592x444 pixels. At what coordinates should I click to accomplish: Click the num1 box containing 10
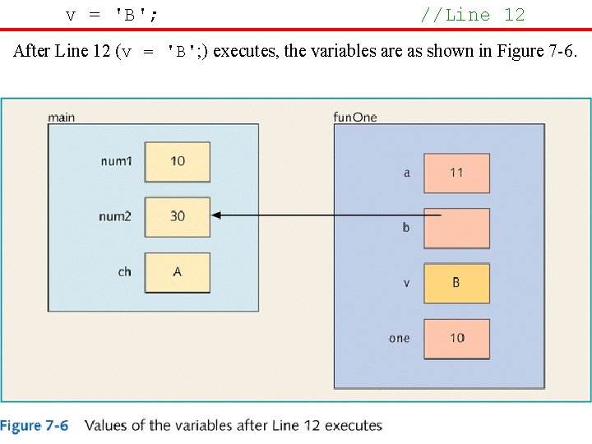click(178, 161)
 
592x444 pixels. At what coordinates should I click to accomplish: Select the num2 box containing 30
click(178, 216)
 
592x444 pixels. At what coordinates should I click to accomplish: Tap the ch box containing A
click(178, 272)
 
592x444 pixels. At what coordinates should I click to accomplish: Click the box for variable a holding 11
click(456, 173)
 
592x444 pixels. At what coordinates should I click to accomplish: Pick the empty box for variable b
click(456, 228)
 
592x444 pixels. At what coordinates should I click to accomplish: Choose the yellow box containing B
click(456, 283)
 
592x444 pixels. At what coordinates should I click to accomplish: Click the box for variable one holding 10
click(456, 338)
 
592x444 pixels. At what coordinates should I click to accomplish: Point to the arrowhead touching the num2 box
click(217, 215)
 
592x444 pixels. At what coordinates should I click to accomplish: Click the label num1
click(115, 161)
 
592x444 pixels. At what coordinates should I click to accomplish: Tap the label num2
click(115, 216)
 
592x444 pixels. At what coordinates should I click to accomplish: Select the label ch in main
click(124, 271)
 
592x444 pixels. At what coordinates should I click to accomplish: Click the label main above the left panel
click(62, 117)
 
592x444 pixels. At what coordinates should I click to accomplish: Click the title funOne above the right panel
click(355, 117)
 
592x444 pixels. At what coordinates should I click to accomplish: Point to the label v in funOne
click(406, 283)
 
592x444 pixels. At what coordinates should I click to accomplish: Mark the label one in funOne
click(400, 338)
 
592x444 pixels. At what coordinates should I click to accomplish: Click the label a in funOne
click(406, 173)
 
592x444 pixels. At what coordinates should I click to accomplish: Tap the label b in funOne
click(406, 228)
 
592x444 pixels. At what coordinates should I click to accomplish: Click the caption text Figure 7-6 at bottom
click(35, 426)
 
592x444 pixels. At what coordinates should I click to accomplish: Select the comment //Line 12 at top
click(472, 15)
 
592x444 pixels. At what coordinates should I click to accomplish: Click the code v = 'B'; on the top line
click(112, 15)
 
